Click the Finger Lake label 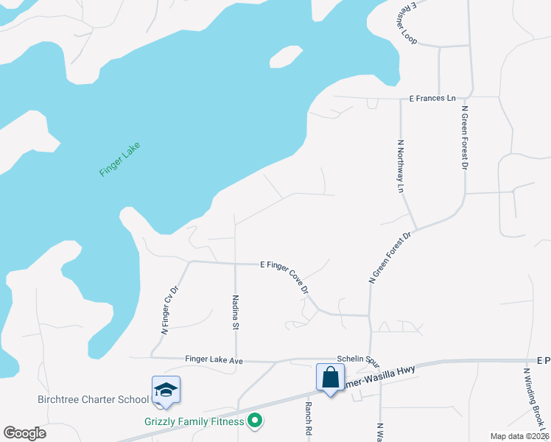[x=119, y=158]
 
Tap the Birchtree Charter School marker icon [x=166, y=391]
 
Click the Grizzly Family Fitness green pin [x=255, y=421]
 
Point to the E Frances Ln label [x=432, y=98]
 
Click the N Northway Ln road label [x=401, y=166]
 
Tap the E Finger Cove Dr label [x=284, y=276]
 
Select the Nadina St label [x=236, y=312]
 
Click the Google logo [x=24, y=433]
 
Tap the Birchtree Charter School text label [x=93, y=400]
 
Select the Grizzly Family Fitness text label [x=193, y=422]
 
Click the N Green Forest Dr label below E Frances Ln [x=465, y=138]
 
